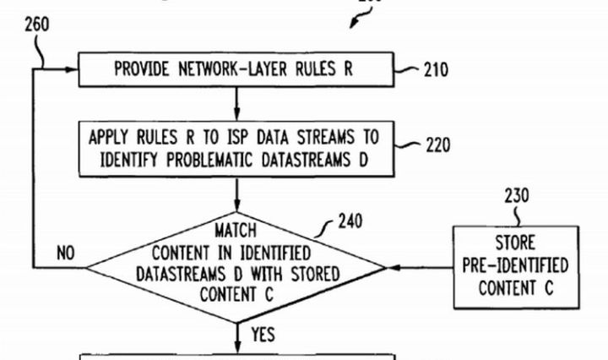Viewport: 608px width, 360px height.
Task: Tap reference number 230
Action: (518, 197)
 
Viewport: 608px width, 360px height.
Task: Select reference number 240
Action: (349, 222)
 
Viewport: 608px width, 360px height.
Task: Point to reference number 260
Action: (36, 24)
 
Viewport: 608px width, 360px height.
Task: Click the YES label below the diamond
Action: (263, 335)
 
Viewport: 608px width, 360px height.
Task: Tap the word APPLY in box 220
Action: (111, 135)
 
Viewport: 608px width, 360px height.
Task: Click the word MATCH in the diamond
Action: (236, 230)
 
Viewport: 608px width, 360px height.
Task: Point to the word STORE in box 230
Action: (515, 246)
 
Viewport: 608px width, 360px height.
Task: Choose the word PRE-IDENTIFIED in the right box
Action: (515, 265)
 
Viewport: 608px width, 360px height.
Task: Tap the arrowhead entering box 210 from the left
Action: (73, 69)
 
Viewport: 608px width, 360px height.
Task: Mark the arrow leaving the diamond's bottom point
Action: (236, 336)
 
